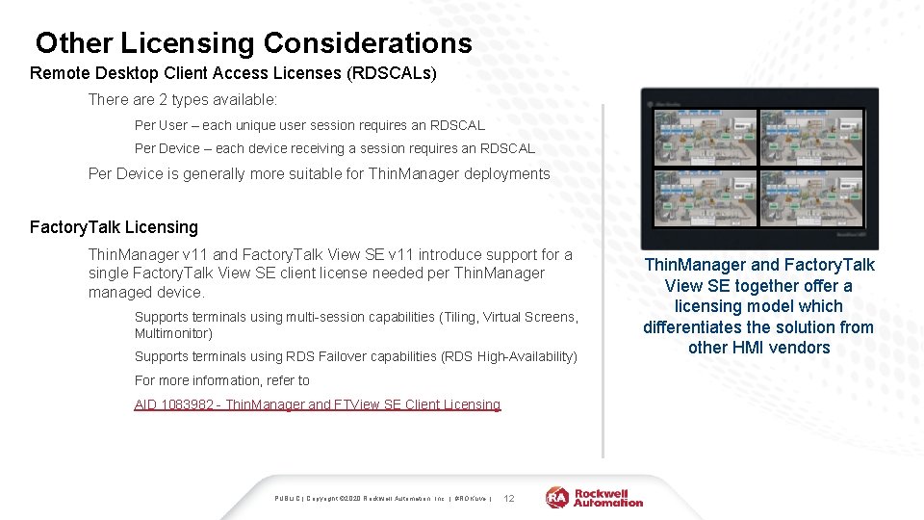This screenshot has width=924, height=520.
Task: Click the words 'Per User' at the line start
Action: pyautogui.click(x=161, y=125)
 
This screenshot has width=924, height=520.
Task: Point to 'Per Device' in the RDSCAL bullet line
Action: pyautogui.click(x=167, y=149)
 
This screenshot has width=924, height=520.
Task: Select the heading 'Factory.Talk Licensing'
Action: pyautogui.click(x=114, y=227)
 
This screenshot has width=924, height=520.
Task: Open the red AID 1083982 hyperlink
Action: pyautogui.click(x=317, y=404)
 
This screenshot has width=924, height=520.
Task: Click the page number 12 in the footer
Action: pyautogui.click(x=509, y=498)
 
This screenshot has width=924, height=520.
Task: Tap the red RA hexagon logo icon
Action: pyautogui.click(x=557, y=497)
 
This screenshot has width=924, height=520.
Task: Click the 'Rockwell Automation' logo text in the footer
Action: pyautogui.click(x=608, y=497)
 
